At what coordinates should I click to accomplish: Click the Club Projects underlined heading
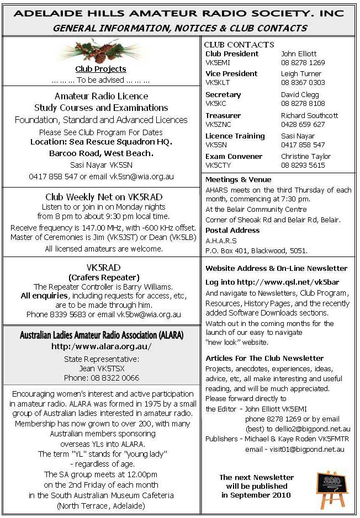(100, 69)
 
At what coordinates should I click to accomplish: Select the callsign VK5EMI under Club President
(216, 63)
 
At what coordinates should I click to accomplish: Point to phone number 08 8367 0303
(303, 83)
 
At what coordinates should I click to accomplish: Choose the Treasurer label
(223, 116)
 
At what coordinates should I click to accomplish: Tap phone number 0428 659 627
(303, 125)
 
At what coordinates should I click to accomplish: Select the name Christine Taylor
(306, 157)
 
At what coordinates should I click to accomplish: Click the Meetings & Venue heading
(238, 179)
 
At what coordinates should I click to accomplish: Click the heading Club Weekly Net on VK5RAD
(100, 197)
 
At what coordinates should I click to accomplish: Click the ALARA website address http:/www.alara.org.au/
(101, 347)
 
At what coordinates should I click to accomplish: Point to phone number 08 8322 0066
(101, 378)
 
